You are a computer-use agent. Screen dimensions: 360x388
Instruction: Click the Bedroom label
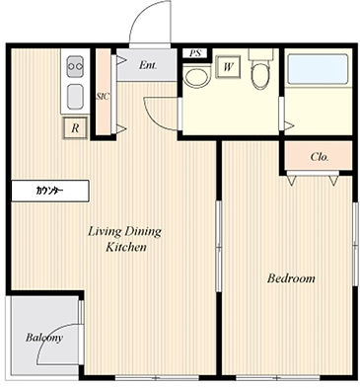point(291,278)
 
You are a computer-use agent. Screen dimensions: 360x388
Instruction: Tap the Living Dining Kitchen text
point(125,239)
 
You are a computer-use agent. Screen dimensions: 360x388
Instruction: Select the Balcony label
point(44,338)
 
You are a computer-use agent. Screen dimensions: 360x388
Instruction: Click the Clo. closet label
point(320,157)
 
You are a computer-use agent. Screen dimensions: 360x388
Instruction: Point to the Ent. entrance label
point(148,65)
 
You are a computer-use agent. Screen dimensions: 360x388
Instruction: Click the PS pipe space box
point(195,53)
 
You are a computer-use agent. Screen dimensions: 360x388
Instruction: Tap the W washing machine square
point(228,67)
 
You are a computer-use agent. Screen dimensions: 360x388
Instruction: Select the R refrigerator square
point(75,127)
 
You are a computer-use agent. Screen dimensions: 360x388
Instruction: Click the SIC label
point(103,97)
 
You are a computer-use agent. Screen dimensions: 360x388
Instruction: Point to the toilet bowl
point(260,75)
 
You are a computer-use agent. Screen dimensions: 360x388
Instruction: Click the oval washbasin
point(196,78)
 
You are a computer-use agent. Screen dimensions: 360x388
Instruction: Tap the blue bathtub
point(318,69)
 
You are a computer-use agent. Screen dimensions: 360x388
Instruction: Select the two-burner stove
point(75,66)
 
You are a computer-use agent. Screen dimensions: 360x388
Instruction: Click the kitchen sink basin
point(75,97)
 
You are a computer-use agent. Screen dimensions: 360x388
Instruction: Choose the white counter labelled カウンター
point(50,191)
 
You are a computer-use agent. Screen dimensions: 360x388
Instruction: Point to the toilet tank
point(261,54)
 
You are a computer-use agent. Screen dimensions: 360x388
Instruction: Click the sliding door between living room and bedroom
point(219,246)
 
